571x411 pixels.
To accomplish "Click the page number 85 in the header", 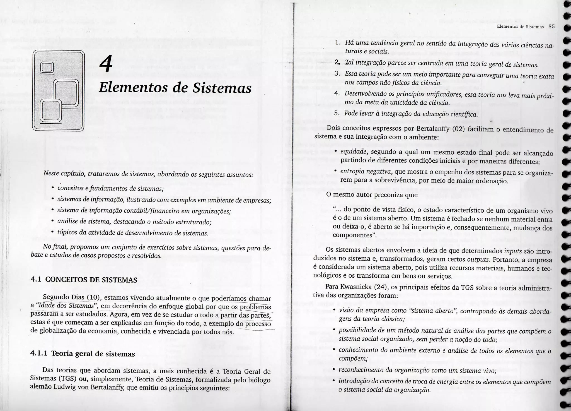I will point(551,27).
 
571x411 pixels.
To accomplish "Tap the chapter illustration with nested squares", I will point(58,90).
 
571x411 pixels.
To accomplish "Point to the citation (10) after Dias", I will point(93,297).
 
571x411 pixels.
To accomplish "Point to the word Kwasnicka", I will point(354,287).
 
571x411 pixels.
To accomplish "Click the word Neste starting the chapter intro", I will point(51,173).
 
